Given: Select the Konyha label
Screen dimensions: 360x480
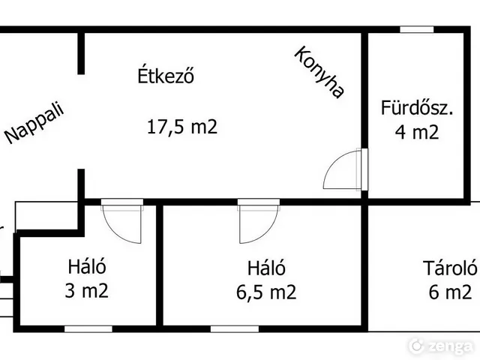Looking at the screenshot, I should [319, 73].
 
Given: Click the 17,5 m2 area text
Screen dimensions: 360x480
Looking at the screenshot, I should [181, 127].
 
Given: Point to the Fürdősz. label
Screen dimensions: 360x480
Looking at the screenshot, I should [417, 107].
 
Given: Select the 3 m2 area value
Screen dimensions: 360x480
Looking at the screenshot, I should [88, 290].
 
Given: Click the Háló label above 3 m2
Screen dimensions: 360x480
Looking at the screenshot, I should [88, 265].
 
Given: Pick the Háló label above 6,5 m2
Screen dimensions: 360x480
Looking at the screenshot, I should [266, 266].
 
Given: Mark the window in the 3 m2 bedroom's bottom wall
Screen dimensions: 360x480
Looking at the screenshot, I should [88, 328].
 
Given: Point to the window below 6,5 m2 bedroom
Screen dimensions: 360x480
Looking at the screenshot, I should [235, 328].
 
